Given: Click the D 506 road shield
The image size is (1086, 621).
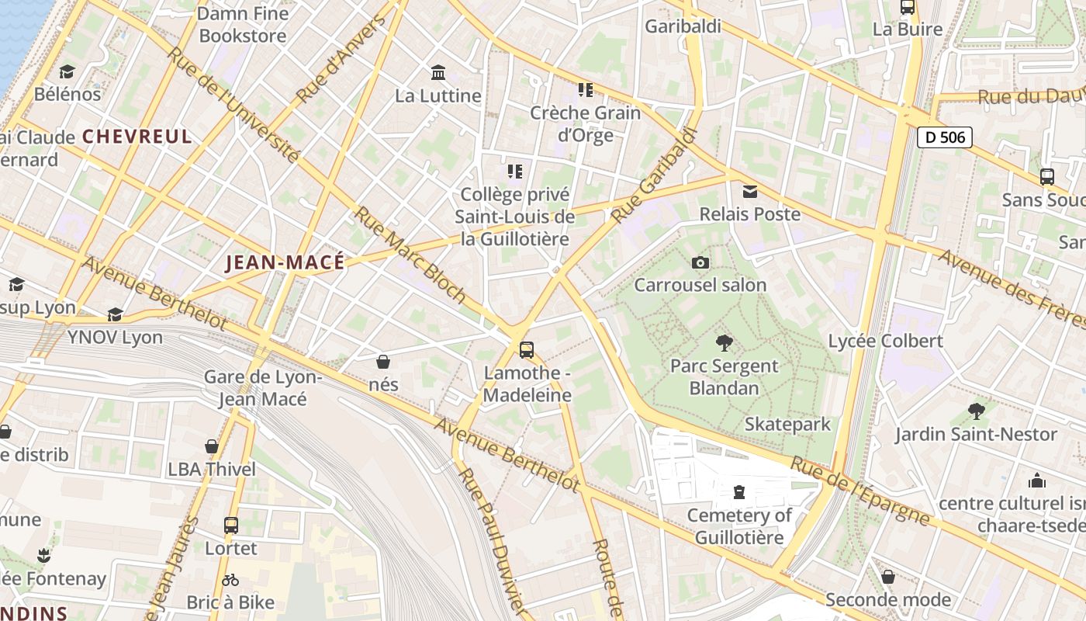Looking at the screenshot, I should pos(944,137).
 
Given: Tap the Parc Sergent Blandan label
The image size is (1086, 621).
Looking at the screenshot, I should pos(724,376).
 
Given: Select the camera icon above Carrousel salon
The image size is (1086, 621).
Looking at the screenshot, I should pos(700,262).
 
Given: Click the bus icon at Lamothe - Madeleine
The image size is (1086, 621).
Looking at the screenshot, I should pos(527,349).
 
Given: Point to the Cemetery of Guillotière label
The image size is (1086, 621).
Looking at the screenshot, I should pos(739,526).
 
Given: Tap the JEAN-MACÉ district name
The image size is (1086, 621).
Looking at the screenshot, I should pos(285,262).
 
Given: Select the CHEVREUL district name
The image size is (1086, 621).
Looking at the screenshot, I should pos(137,137).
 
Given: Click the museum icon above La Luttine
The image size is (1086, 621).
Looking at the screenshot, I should pos(438,73).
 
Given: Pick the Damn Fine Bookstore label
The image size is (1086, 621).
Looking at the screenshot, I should pos(243,25).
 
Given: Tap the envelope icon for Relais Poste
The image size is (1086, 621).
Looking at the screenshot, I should pos(750,191).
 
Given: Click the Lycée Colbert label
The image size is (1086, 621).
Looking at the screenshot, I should pos(885,341).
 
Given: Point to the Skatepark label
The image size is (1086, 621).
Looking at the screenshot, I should pos(787,424).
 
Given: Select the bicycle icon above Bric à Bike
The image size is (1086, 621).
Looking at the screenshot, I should pos(230,580).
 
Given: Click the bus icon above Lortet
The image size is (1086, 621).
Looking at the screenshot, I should pos(231,525).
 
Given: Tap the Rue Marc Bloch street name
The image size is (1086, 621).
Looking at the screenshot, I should pos(410,254).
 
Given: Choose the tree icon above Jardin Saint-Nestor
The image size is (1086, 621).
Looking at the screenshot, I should pos(976,411).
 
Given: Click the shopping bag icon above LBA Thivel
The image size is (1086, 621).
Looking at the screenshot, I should pos(211,446).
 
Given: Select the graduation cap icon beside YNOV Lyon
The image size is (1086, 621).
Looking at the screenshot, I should pos(116,314).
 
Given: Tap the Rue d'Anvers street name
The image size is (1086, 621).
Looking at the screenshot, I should pos(341,60).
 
